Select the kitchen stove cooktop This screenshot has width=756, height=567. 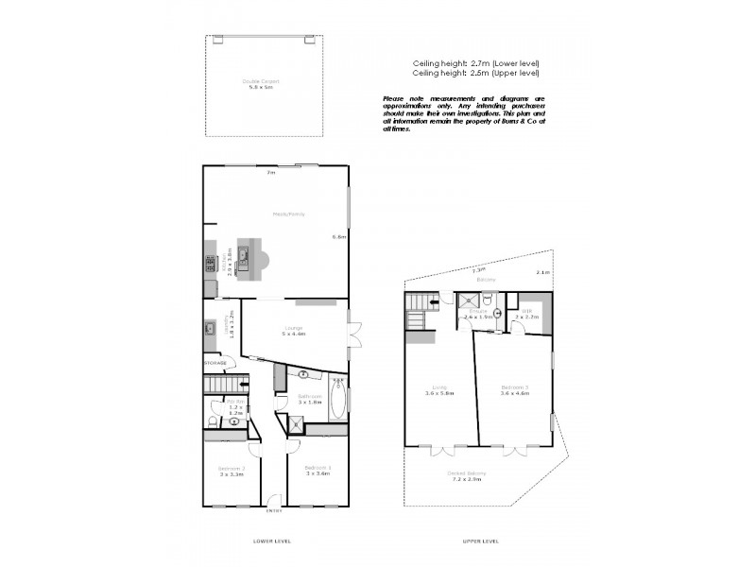point(209,266)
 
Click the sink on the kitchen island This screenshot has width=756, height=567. point(243,254)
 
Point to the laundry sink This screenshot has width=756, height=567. point(208,330)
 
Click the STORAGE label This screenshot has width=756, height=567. point(215,362)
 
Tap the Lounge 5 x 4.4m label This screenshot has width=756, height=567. point(294,331)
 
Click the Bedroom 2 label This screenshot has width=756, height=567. point(232,471)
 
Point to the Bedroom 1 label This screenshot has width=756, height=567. point(318,471)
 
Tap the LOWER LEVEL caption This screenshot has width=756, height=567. point(272,541)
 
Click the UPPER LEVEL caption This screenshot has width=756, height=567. point(480,541)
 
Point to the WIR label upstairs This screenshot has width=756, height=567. point(526,313)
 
